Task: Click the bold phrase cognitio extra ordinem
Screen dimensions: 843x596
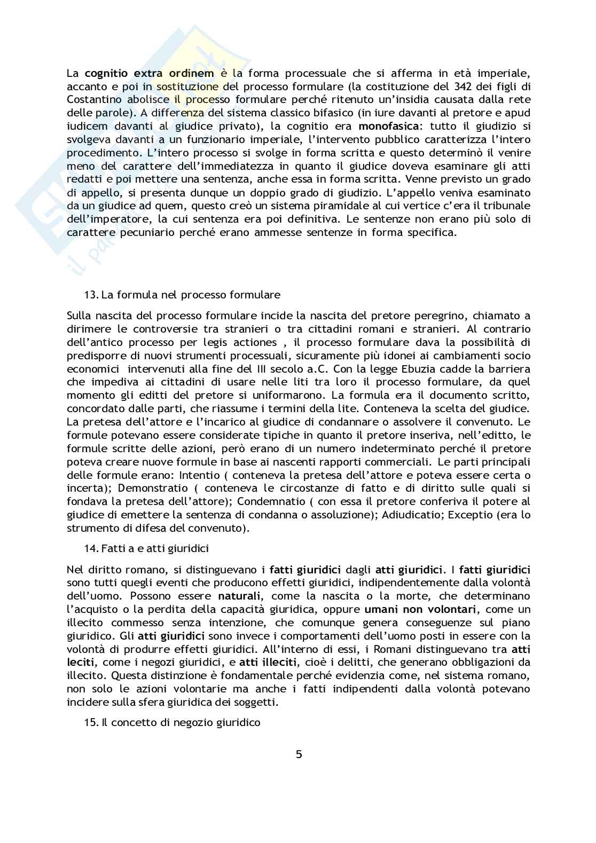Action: tap(142, 73)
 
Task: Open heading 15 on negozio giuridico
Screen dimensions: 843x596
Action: tap(173, 723)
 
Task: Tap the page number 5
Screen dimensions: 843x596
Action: tap(299, 754)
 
